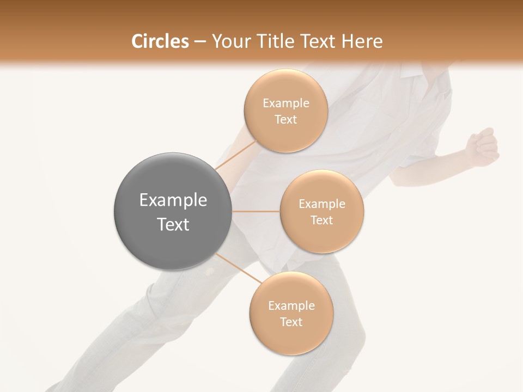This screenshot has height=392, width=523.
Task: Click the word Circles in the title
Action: point(160,41)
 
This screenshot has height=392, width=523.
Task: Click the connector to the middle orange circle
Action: point(256,211)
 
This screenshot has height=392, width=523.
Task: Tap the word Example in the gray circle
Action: point(173,200)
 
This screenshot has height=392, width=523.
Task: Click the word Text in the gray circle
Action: point(173,224)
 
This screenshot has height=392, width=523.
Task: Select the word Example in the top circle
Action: point(286,103)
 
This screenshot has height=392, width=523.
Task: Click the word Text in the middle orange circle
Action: point(322,220)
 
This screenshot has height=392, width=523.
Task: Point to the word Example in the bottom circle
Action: point(291,306)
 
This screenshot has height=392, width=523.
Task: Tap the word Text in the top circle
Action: point(286,120)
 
